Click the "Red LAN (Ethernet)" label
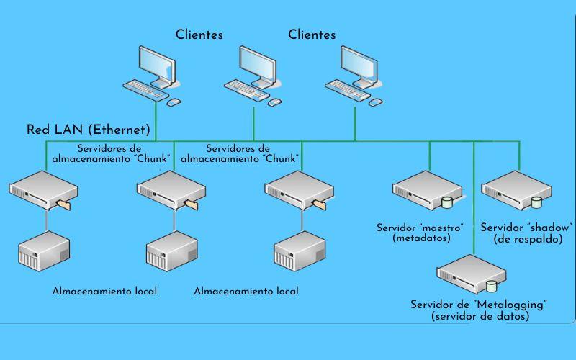click(89, 130)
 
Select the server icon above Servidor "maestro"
click(427, 190)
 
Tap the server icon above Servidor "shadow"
click(516, 190)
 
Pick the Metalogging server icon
click(472, 274)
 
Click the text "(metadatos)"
click(421, 238)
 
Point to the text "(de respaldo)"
click(528, 240)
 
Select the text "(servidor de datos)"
click(480, 316)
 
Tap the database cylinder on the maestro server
click(447, 202)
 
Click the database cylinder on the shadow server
click(536, 202)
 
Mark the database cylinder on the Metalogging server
click(491, 286)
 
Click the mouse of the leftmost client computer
click(174, 102)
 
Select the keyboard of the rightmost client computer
click(348, 90)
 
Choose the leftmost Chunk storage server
click(43, 190)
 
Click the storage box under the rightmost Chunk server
click(300, 251)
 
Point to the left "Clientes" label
click(199, 35)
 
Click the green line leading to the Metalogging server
click(474, 197)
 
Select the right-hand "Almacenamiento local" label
click(246, 291)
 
